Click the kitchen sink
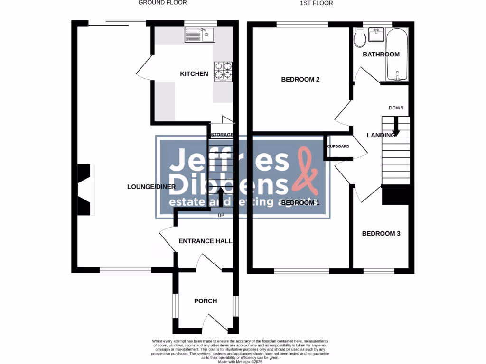(x=200, y=34)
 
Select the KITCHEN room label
(x=194, y=74)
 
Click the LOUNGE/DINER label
(x=151, y=187)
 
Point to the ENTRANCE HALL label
(x=205, y=241)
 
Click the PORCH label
(x=206, y=301)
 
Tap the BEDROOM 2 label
(x=300, y=79)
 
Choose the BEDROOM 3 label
(x=381, y=234)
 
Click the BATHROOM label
(x=381, y=55)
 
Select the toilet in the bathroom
(x=360, y=37)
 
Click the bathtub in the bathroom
(x=397, y=55)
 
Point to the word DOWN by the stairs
(x=396, y=108)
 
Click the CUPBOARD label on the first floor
(x=338, y=146)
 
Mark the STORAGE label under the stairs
(x=222, y=135)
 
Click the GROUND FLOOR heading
(x=162, y=3)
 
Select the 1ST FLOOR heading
(x=317, y=3)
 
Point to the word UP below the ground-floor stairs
(x=221, y=216)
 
